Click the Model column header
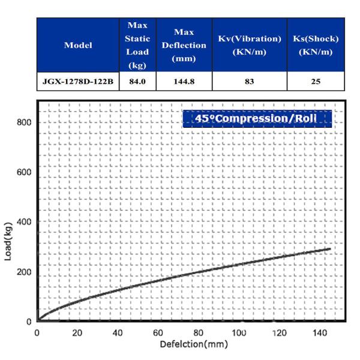(79, 46)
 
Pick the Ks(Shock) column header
(316, 46)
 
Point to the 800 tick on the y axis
(23, 122)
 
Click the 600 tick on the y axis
(23, 172)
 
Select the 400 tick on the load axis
(23, 222)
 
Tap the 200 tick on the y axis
(23, 272)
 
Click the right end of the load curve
(329, 248)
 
